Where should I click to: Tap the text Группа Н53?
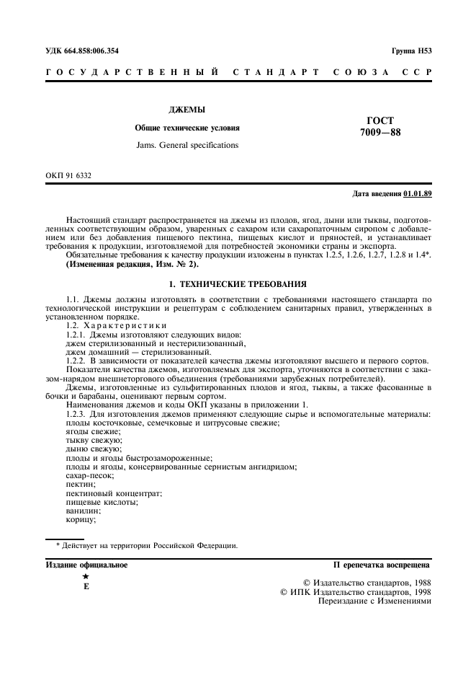(411, 51)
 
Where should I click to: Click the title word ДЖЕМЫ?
(187, 110)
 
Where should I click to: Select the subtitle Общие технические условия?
(187, 128)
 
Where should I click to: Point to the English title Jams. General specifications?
(187, 145)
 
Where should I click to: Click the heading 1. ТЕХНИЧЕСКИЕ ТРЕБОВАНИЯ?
(238, 284)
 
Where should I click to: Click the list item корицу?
(81, 519)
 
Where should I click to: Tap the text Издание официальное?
(86, 565)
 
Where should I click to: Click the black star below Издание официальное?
(86, 577)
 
